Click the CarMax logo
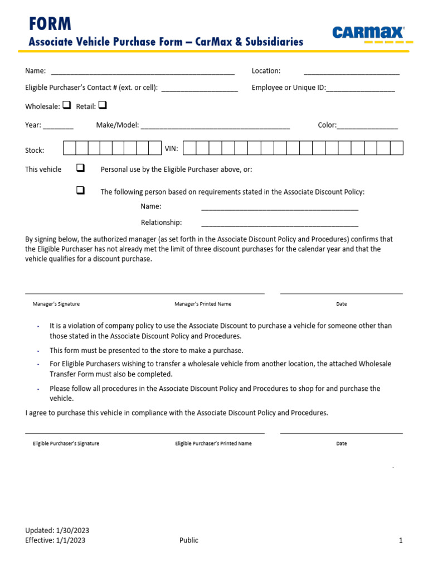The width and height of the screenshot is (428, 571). tap(368, 33)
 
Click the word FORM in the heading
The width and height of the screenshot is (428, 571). tap(50, 23)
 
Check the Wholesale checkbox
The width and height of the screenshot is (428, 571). tap(66, 105)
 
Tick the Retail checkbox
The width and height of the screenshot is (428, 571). tap(103, 105)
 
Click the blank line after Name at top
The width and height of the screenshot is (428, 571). tap(143, 72)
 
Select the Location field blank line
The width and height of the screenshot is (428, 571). tap(351, 72)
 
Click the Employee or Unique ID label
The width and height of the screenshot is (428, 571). tap(288, 88)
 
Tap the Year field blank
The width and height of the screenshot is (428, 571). tap(58, 126)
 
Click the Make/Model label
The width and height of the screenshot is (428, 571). tap(117, 125)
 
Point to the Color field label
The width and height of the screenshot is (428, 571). tap(327, 125)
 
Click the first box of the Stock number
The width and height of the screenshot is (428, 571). tap(70, 148)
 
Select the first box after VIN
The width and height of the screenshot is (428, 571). tap(189, 148)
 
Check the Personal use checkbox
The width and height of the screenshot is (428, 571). tap(80, 168)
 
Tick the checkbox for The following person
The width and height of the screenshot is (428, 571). tap(80, 191)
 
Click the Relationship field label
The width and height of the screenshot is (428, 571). tap(161, 222)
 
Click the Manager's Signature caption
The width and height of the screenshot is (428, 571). tap(56, 304)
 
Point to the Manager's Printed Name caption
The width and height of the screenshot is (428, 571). tap(203, 304)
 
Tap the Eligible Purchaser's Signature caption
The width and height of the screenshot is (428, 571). tap(66, 443)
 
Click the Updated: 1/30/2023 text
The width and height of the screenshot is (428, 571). tap(57, 530)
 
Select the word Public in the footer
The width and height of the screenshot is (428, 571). tap(188, 540)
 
